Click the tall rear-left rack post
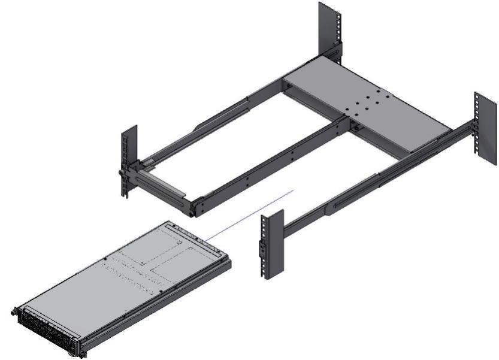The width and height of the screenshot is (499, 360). (x=328, y=27)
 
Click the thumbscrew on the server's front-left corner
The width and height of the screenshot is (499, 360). (x=14, y=311)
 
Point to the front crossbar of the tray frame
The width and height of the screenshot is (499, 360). (x=164, y=188)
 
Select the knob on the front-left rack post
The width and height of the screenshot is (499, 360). (x=122, y=174)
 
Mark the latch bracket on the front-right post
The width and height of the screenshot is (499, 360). (x=261, y=249)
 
